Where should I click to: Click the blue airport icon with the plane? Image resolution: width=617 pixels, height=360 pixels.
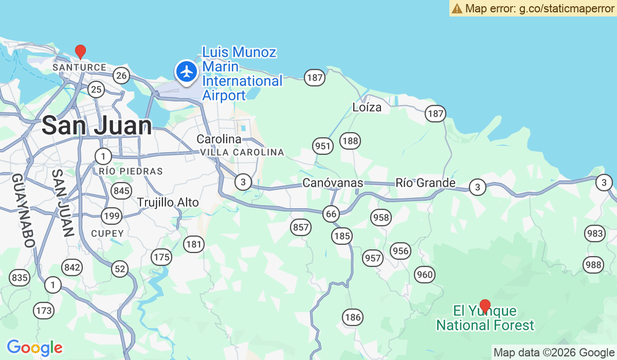186,71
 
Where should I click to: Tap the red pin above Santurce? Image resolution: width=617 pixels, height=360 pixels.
80,51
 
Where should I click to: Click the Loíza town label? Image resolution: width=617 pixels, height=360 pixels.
367,107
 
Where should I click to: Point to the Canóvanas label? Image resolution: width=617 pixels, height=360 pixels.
333,183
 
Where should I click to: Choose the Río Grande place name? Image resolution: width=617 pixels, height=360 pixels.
425,183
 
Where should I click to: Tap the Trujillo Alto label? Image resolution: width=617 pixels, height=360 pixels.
168,203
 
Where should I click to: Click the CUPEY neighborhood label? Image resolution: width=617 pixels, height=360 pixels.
107,233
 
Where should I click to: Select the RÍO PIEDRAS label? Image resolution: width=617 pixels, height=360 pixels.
131,171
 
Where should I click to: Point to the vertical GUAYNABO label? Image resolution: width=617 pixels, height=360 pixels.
23,211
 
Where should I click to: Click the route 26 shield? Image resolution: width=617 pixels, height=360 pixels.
121,76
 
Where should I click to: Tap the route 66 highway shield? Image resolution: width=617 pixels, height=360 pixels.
331,214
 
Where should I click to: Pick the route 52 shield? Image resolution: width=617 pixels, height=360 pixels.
120,268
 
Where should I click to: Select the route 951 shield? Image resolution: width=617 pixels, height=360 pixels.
323,146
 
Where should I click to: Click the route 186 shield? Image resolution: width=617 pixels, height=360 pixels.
353,317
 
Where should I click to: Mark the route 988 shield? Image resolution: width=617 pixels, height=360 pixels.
593,265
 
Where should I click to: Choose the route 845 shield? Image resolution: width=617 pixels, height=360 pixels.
122,191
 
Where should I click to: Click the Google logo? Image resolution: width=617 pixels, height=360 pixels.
34,348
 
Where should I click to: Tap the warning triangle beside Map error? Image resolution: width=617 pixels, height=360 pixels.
457,8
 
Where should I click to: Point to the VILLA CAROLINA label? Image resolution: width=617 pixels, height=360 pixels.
242,152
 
